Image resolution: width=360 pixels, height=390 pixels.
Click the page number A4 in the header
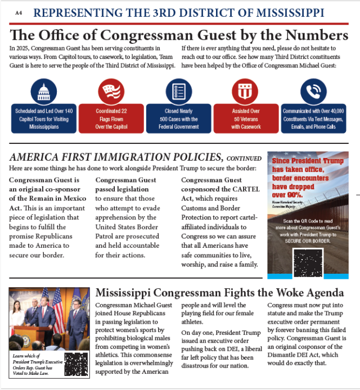pyautogui.click(x=19, y=12)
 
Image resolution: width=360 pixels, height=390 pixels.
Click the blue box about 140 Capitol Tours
pyautogui.click(x=44, y=119)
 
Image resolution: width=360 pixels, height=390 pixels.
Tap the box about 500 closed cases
pyautogui.click(x=179, y=119)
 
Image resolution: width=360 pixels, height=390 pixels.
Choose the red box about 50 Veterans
pyautogui.click(x=246, y=119)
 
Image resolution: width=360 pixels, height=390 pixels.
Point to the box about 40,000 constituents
pyautogui.click(x=313, y=119)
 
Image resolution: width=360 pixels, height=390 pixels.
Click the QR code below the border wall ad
pyautogui.click(x=307, y=263)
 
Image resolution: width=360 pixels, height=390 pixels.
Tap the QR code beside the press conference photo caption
pyautogui.click(x=76, y=364)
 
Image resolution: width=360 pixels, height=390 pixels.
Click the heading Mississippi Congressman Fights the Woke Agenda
pyautogui.click(x=219, y=293)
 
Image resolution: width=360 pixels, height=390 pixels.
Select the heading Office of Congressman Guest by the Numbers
pyautogui.click(x=179, y=35)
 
